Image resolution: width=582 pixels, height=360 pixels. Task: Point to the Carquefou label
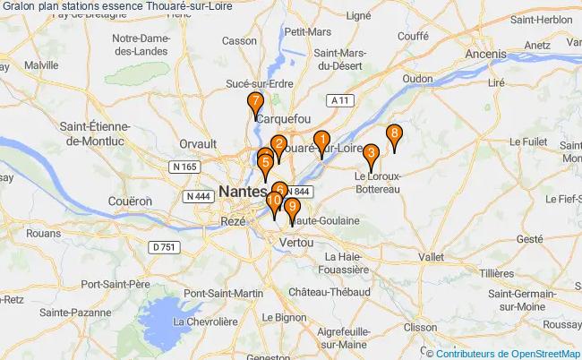282,118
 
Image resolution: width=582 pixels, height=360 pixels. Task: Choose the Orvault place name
198,143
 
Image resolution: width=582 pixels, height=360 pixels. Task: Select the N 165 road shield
185,167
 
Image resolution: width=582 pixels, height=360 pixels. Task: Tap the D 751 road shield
164,247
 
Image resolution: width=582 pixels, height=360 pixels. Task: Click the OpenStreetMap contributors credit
507,353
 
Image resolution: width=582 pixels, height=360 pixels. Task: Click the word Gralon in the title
21,8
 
